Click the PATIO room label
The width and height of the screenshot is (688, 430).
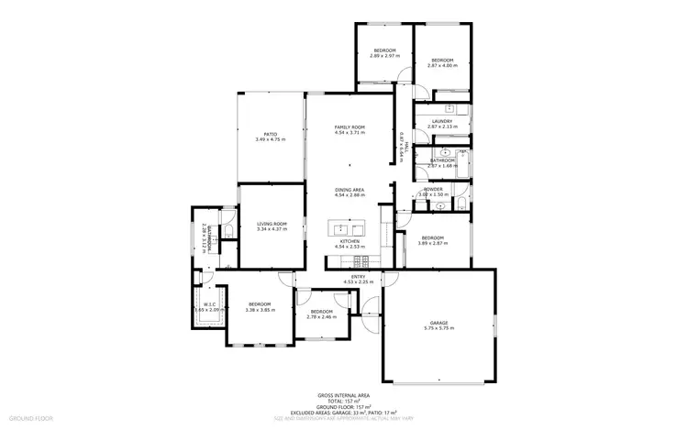(270, 134)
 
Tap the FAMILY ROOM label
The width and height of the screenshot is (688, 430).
(350, 127)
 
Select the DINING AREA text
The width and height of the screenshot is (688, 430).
(350, 190)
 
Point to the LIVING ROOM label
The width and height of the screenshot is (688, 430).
(272, 224)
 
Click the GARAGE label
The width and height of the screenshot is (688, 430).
(440, 323)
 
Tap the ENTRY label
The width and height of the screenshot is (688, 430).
(359, 277)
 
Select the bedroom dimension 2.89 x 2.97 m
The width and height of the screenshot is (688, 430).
(383, 56)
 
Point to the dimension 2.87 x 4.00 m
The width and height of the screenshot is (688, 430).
(442, 66)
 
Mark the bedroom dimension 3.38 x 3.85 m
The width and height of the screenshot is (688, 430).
(261, 310)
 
